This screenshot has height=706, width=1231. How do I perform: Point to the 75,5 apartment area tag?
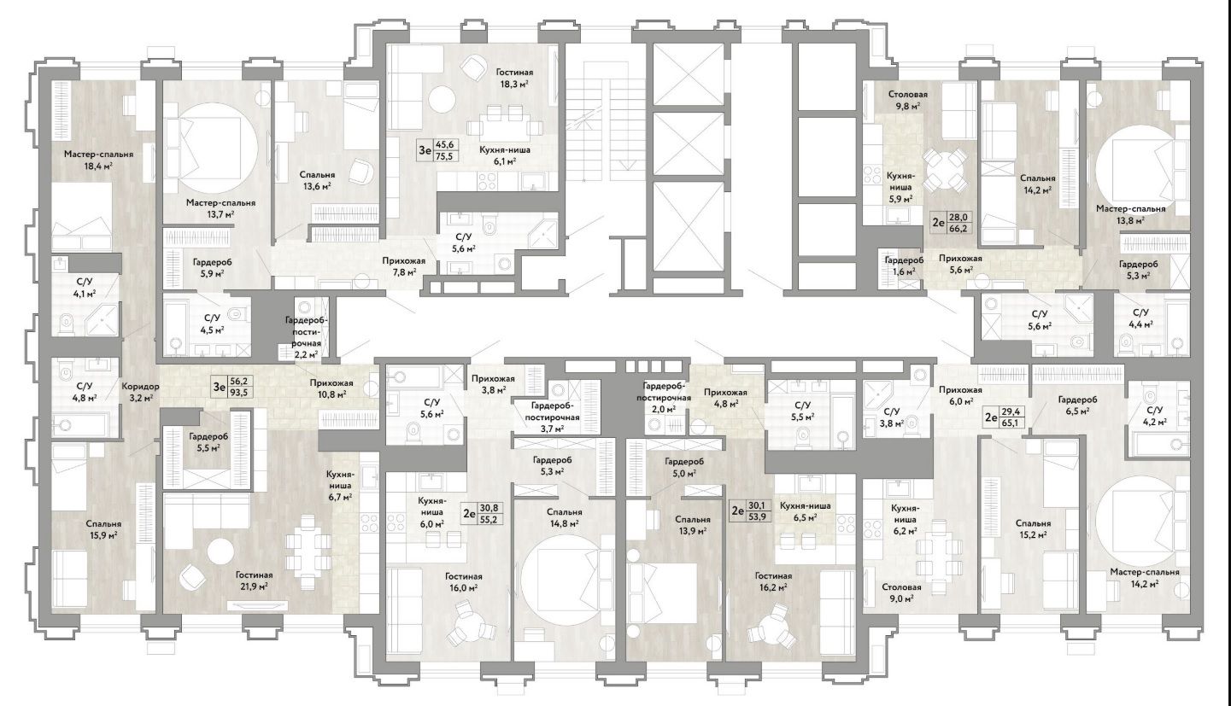444,157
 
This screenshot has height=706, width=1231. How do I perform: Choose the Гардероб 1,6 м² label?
903,265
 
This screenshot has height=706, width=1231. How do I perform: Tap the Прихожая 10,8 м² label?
329,388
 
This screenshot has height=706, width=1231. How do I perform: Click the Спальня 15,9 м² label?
103,529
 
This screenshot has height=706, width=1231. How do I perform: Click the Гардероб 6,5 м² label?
1077,405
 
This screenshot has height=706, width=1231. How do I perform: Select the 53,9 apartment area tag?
756,516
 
